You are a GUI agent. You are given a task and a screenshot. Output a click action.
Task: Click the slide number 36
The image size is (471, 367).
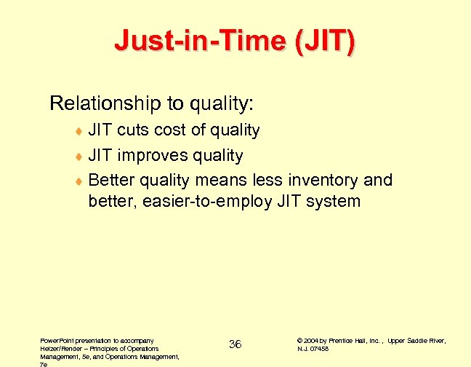(235, 344)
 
